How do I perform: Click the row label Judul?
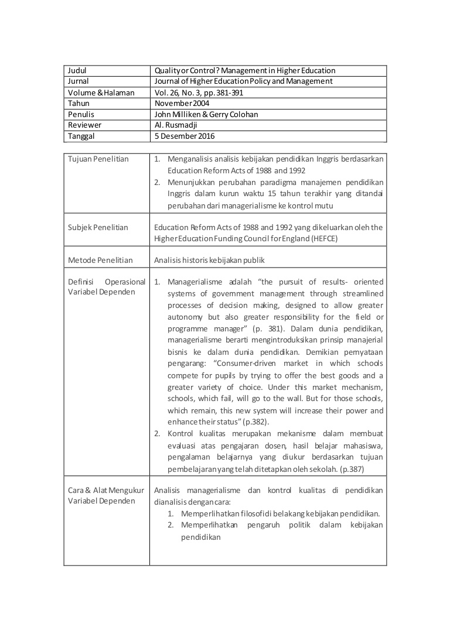[77, 71]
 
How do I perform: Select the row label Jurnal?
[79, 81]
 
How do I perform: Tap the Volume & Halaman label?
[101, 93]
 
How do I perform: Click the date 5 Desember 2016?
[185, 136]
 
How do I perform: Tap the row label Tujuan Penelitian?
[98, 159]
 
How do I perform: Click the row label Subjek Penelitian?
[98, 228]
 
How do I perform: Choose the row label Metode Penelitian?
[100, 261]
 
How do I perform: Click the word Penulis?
[81, 115]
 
